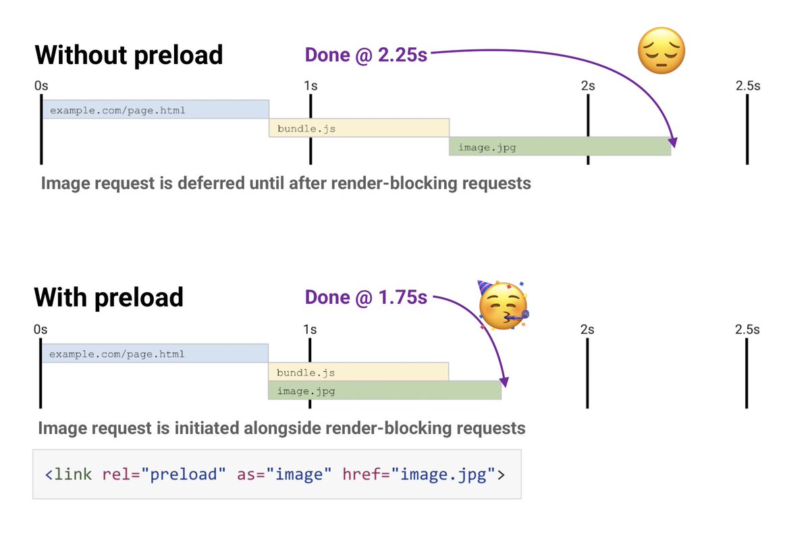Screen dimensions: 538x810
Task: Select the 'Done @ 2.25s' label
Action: tap(366, 55)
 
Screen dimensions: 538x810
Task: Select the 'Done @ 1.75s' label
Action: tap(366, 297)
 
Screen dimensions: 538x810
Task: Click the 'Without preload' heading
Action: tap(128, 54)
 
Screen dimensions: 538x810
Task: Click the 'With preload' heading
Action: tap(109, 296)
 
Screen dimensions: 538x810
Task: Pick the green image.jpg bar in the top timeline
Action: tap(560, 146)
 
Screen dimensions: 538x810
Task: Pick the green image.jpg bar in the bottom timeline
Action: tap(385, 390)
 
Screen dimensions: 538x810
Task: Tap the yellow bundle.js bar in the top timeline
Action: tap(359, 128)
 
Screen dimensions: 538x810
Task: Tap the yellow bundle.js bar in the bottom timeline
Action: tap(358, 371)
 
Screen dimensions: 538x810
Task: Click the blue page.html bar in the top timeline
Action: tap(155, 109)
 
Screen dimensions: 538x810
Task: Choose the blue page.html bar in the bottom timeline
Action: tap(155, 353)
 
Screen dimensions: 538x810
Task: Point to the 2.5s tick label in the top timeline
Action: tap(747, 86)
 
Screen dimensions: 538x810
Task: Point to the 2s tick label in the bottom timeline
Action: tap(587, 329)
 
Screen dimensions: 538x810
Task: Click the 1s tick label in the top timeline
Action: tap(310, 86)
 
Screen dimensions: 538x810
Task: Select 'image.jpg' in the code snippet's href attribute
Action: tap(443, 474)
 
